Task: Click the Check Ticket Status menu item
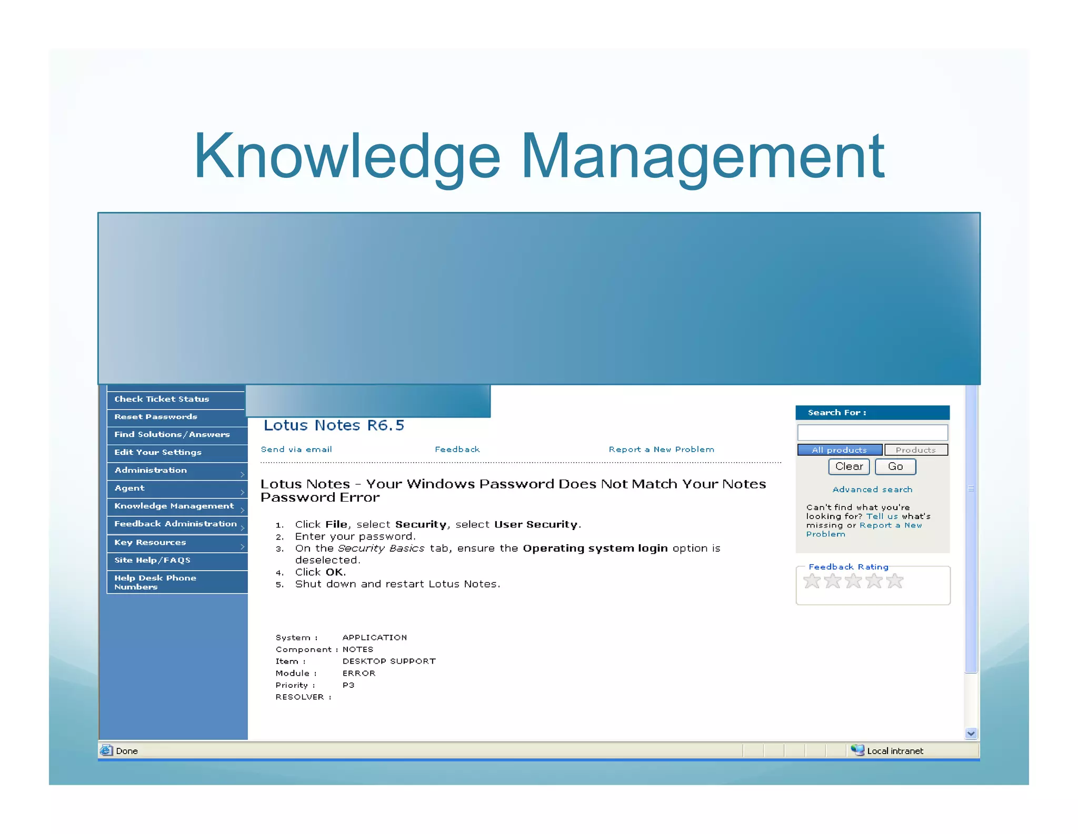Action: tap(162, 399)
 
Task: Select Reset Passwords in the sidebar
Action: tap(156, 417)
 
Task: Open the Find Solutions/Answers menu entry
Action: tap(172, 434)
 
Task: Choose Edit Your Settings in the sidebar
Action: tap(158, 452)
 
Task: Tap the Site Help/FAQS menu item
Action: tap(153, 561)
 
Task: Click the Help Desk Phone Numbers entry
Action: tap(155, 582)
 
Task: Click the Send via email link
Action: tap(296, 450)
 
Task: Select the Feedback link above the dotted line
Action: tap(457, 450)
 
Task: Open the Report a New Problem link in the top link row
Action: tap(661, 450)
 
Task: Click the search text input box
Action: tap(872, 433)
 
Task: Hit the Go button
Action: tap(895, 467)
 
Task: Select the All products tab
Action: tap(839, 450)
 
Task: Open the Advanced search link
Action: tap(872, 490)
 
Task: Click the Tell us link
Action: tap(882, 516)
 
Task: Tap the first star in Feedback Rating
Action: tap(812, 582)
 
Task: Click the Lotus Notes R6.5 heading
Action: tap(334, 425)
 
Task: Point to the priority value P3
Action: tap(348, 685)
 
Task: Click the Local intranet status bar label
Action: tap(895, 751)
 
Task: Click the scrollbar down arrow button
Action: tap(971, 734)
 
